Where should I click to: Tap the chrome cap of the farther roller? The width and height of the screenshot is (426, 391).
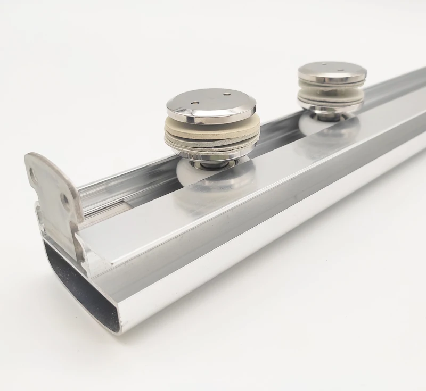331,70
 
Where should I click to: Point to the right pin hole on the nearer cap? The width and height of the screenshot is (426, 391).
226,95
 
